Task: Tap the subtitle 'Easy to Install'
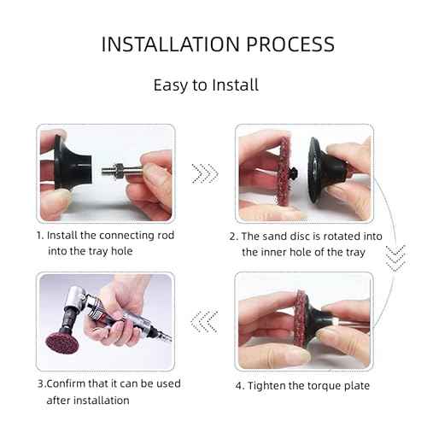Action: pos(206,85)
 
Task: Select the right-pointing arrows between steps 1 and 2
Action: pos(205,174)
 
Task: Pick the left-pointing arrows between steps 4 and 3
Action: pos(205,321)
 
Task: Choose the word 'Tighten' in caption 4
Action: pos(268,385)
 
